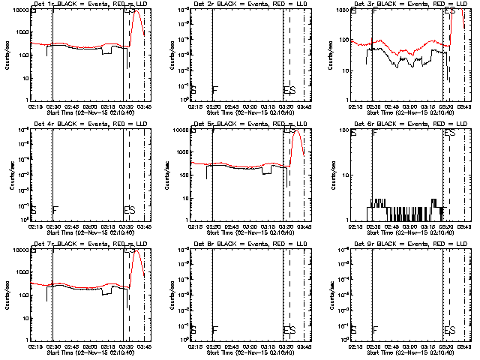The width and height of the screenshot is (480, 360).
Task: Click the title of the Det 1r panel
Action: pyautogui.click(x=82, y=4)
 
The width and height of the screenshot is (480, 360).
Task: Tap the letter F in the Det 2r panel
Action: pyautogui.click(x=215, y=91)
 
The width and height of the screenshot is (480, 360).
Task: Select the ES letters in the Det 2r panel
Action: pyautogui.click(x=289, y=91)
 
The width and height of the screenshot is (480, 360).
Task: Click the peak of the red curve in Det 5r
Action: pyautogui.click(x=298, y=129)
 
